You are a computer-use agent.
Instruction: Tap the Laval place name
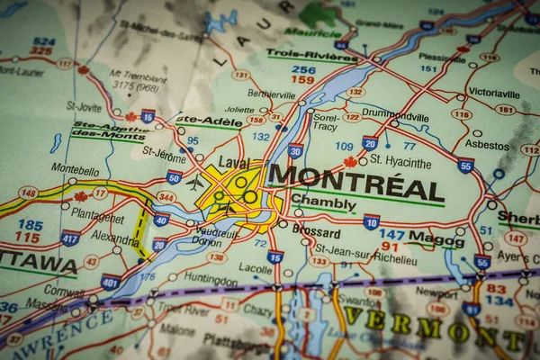pyautogui.click(x=233, y=163)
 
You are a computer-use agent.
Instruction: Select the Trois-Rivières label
pyautogui.click(x=300, y=55)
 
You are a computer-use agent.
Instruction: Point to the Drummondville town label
pyautogui.click(x=394, y=116)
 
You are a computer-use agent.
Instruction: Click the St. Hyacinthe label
pyautogui.click(x=400, y=162)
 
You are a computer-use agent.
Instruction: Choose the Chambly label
pyautogui.click(x=322, y=202)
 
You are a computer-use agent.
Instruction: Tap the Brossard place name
pyautogui.click(x=316, y=231)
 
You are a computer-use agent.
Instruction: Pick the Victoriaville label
pyautogui.click(x=494, y=92)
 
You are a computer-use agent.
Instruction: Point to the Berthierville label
pyautogui.click(x=247, y=94)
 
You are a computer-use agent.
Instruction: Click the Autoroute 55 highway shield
pyautogui.click(x=464, y=166)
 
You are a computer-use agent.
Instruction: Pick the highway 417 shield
pyautogui.click(x=69, y=238)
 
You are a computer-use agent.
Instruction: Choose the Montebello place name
pyautogui.click(x=75, y=168)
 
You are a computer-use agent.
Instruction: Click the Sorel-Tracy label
pyautogui.click(x=326, y=121)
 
